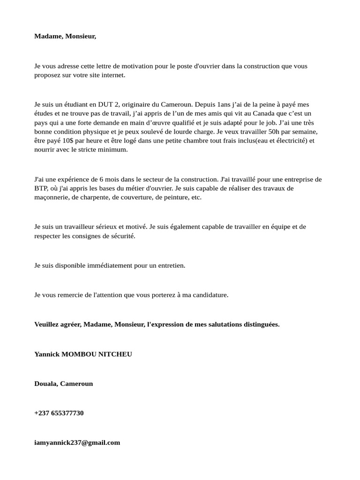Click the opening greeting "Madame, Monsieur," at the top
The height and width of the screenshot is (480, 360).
tap(65, 36)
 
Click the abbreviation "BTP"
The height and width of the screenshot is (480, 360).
tap(41, 188)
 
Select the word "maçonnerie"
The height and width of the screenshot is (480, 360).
tap(51, 197)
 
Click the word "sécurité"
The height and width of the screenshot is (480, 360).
tap(121, 236)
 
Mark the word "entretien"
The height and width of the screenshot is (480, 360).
tap(169, 265)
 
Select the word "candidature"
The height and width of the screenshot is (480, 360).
tap(209, 295)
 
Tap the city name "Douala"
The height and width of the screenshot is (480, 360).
tap(45, 383)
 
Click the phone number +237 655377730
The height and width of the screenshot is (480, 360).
tap(59, 413)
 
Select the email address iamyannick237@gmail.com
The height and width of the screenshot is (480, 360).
tap(77, 442)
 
